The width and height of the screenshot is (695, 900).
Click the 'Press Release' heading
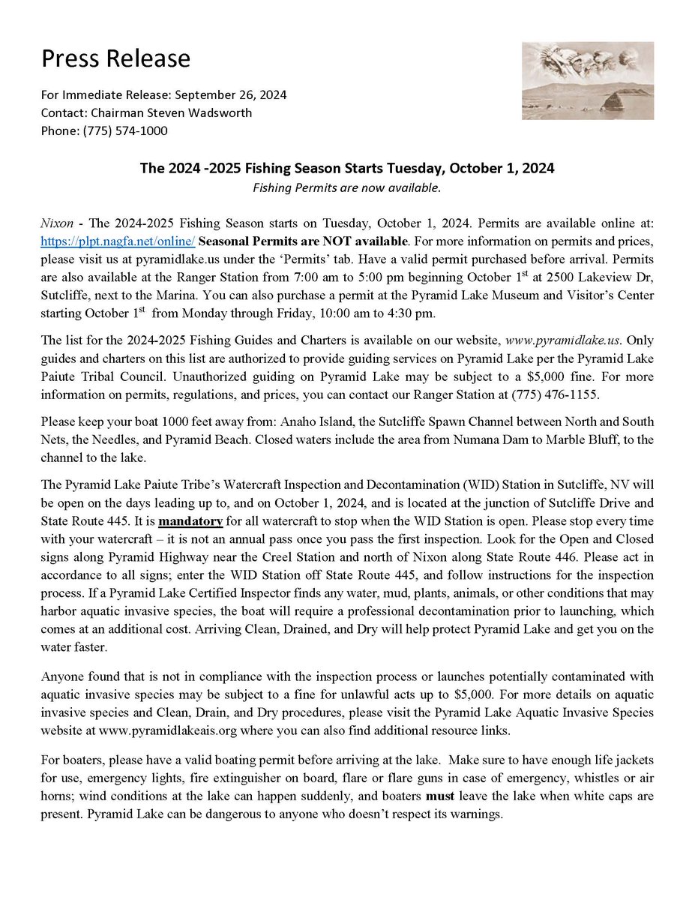[x=115, y=58]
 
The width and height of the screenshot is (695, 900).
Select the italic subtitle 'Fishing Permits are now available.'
[x=346, y=187]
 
